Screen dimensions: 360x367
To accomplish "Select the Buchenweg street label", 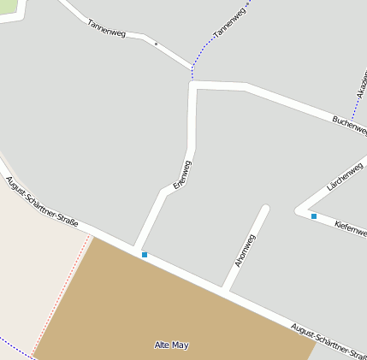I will click(x=349, y=125).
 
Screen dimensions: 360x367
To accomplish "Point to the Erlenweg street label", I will click(x=182, y=174).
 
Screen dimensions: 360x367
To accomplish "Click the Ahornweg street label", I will click(x=245, y=251).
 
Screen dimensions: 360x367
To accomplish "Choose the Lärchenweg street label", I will click(x=346, y=174).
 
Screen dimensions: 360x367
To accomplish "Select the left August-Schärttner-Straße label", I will click(x=41, y=203).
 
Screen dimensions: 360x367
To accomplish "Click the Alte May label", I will click(x=171, y=345).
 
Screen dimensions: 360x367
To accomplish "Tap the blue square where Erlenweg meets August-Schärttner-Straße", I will click(x=145, y=255).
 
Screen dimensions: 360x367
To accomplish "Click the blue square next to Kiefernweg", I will click(x=314, y=216).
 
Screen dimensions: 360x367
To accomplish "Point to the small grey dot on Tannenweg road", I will click(x=156, y=43).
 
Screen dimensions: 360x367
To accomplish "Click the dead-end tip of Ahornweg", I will click(x=265, y=208).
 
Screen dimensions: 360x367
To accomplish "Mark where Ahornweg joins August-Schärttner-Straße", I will click(x=228, y=289).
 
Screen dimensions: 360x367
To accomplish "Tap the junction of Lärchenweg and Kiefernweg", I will click(x=299, y=209).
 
